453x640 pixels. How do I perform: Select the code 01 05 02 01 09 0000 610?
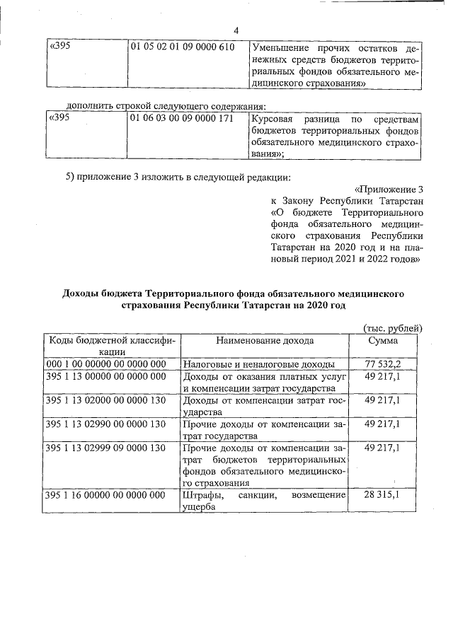(182, 47)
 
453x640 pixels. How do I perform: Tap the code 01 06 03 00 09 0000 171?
(182, 118)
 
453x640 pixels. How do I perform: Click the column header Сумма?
(383, 341)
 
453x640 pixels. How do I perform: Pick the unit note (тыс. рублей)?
(392, 327)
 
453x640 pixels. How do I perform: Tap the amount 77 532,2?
(383, 364)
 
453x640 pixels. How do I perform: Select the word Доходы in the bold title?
(84, 293)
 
